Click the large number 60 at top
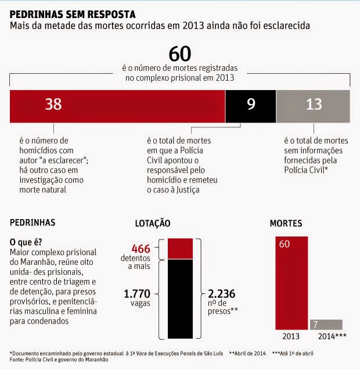coord(180,53)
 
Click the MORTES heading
coord(286,223)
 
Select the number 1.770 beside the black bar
coord(137,294)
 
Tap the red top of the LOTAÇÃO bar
coord(181,248)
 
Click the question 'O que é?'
coord(26,241)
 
